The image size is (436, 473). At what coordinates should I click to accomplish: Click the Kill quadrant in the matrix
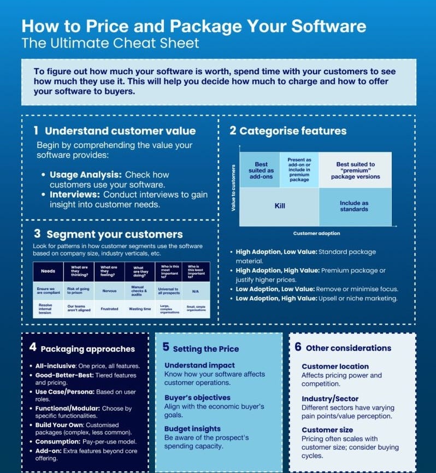tap(279, 206)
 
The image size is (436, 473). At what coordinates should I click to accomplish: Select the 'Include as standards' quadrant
tap(354, 206)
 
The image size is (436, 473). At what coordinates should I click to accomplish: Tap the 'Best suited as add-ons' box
tap(261, 170)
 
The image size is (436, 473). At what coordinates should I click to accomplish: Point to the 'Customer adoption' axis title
tap(316, 233)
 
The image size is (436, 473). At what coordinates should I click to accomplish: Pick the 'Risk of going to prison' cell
tap(79, 291)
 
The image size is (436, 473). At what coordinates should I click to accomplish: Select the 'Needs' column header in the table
tap(48, 271)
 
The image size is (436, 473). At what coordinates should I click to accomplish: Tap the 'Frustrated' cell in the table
tap(109, 309)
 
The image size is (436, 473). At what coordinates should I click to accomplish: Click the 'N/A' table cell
tap(195, 291)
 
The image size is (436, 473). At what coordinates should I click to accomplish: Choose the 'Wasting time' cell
tap(140, 309)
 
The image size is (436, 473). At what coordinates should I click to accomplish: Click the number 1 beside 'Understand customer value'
tap(36, 131)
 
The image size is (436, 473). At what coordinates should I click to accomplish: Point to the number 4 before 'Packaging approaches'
tap(33, 347)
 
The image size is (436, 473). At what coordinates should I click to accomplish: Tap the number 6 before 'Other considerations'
tap(298, 347)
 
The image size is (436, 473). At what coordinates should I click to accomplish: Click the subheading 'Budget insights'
tap(192, 429)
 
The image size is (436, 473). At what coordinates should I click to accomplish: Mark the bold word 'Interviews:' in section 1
tap(75, 194)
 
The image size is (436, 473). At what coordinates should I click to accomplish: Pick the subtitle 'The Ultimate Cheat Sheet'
tap(110, 43)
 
